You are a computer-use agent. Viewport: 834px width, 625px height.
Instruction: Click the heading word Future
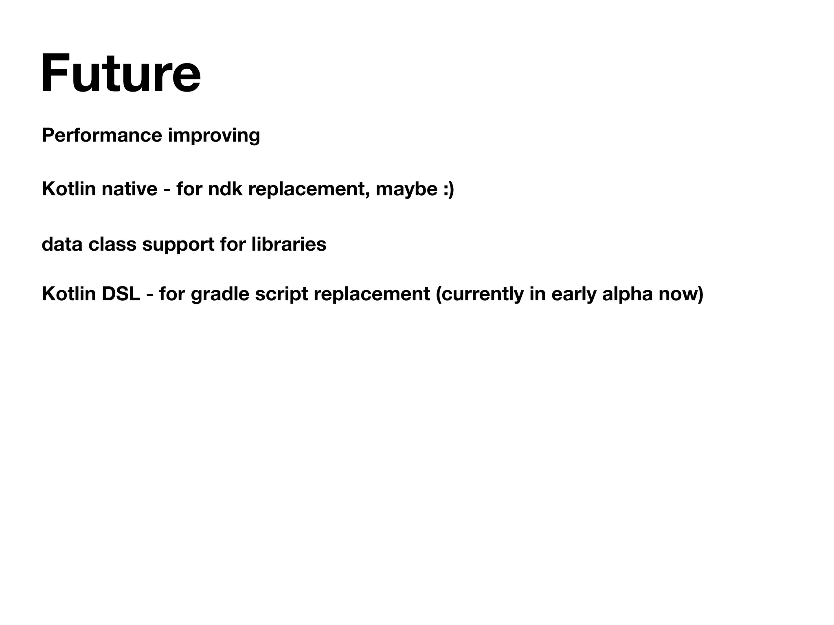coord(121,74)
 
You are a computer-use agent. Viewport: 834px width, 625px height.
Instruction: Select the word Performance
coord(102,135)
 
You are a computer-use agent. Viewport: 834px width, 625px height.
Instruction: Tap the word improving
coord(214,136)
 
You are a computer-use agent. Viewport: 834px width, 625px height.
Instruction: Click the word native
coord(129,189)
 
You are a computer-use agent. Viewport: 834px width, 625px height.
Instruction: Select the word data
coord(62,244)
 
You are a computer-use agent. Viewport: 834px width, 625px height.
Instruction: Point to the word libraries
coord(289,244)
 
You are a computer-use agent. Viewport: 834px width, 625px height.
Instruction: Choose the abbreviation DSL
coord(121,294)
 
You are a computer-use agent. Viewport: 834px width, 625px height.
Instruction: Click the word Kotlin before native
coord(68,189)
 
